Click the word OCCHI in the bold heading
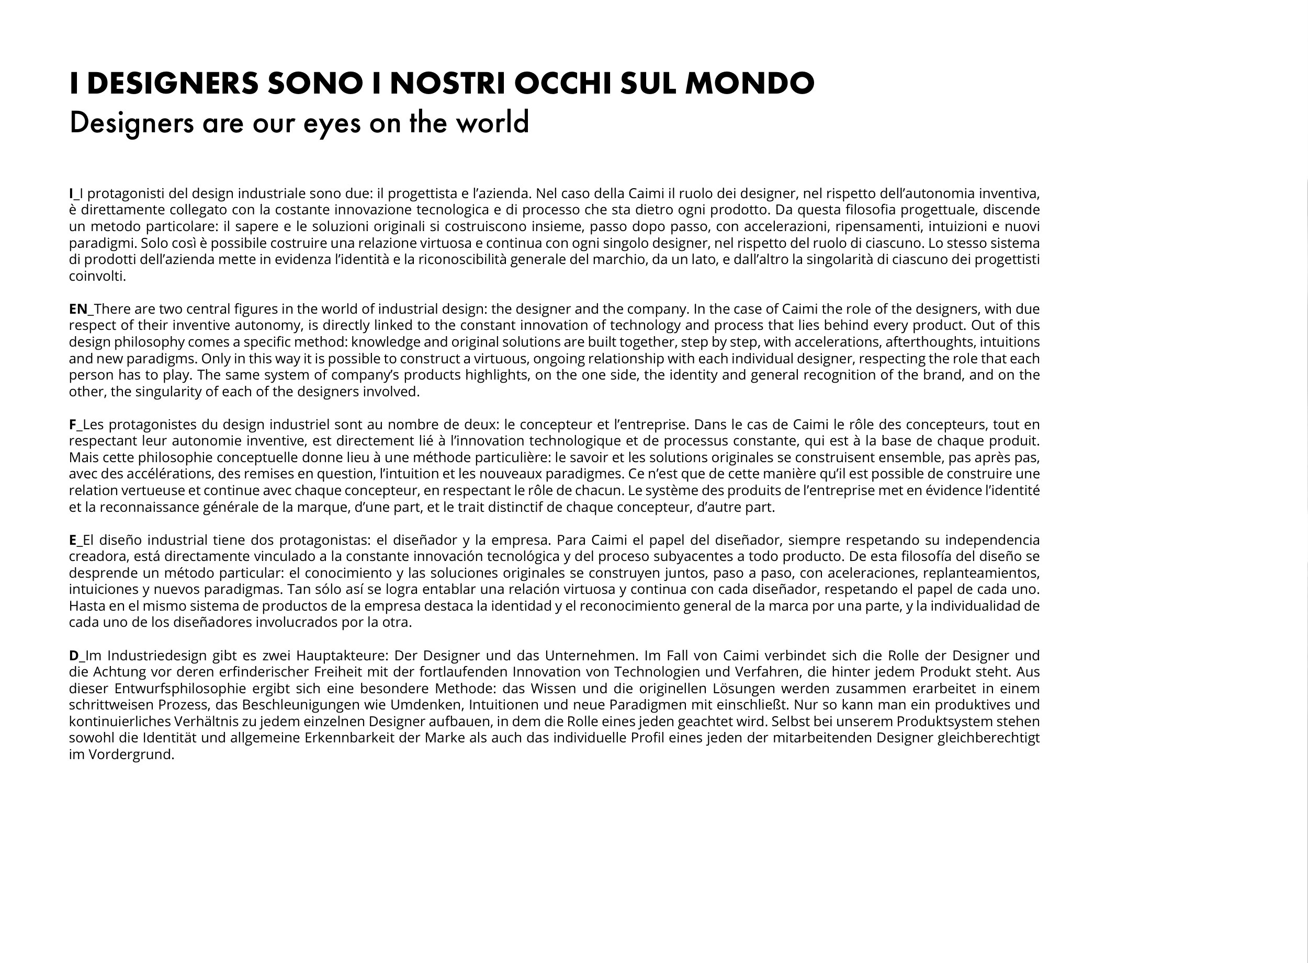562,83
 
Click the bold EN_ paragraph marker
81,309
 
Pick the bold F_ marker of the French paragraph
75,425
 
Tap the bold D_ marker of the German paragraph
76,655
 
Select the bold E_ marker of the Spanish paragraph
75,540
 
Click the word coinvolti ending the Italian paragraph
96,277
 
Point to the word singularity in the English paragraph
167,392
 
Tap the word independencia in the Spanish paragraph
992,540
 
